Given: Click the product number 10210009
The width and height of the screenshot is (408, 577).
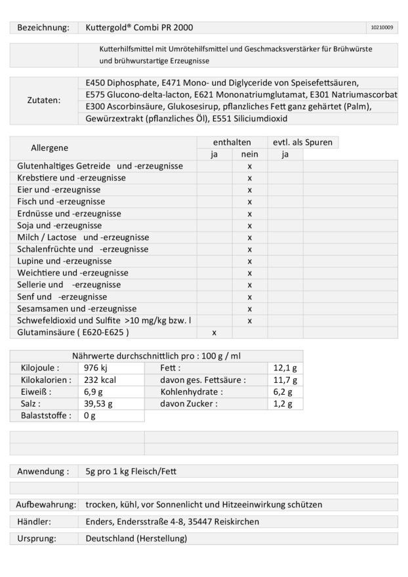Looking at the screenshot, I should [x=382, y=28].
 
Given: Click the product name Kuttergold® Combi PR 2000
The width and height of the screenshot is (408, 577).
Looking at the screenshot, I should [x=139, y=28].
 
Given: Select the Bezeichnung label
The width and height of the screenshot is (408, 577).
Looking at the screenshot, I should [x=43, y=28].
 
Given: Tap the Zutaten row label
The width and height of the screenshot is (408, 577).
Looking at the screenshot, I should [x=43, y=101].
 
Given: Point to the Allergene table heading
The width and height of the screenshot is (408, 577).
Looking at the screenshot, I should [x=50, y=148].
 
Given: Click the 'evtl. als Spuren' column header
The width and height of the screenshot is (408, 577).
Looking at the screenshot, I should [x=302, y=142].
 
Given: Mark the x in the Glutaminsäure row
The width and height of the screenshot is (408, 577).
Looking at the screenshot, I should [x=214, y=332].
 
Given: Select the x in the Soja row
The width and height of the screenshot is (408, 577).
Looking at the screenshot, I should [x=250, y=226].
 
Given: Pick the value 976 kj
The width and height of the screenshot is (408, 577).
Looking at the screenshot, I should [x=96, y=368].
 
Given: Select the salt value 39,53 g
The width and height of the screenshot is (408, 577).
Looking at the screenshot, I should [x=99, y=403].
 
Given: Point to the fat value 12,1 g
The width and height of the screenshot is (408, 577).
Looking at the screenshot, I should [x=285, y=368].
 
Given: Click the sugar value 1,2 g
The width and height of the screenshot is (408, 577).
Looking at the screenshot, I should [x=283, y=403].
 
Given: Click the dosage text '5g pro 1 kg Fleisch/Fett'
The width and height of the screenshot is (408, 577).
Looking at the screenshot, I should [x=131, y=471].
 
